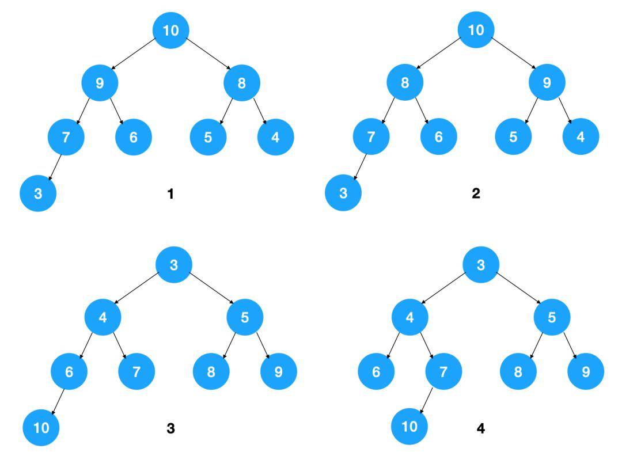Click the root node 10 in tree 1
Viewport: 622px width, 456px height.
[171, 30]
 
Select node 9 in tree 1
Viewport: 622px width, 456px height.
[100, 83]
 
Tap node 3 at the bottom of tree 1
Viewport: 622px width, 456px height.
[38, 193]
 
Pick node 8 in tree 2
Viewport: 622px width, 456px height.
[405, 83]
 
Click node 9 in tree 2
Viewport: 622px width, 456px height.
[547, 83]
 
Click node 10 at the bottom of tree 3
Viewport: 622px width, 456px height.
[41, 428]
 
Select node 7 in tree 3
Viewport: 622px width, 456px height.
[136, 371]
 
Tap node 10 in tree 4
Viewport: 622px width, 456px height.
[409, 427]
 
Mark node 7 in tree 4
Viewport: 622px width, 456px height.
[443, 371]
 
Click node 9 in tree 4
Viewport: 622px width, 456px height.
[586, 371]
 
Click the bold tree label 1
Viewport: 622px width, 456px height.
[170, 194]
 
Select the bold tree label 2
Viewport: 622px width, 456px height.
[476, 194]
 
